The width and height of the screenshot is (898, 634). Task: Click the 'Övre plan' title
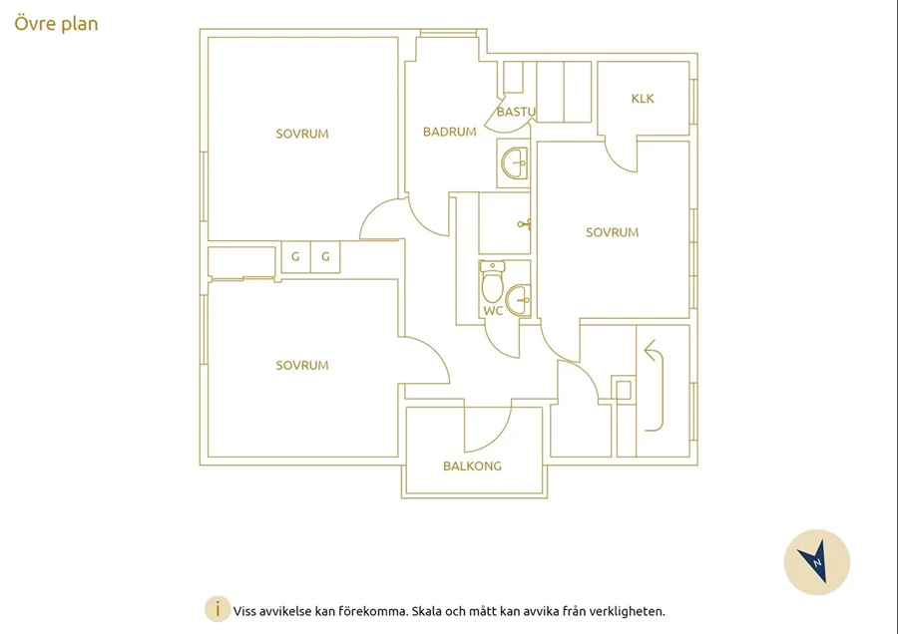pos(56,24)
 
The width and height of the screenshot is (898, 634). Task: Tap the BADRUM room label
pos(450,132)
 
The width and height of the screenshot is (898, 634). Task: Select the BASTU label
pos(516,112)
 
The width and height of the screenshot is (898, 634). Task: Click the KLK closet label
pos(643,99)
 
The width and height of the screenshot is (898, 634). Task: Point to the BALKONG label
pos(473,467)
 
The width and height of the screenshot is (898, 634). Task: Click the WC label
pos(493,311)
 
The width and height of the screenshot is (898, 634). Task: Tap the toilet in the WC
pos(492,281)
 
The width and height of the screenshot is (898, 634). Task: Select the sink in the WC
pos(518,300)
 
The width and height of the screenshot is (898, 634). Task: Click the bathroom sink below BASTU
pos(514,163)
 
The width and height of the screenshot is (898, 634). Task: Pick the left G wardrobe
pos(295,257)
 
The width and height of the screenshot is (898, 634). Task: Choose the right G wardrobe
pos(325,257)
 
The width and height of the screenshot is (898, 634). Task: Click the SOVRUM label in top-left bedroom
pos(302,134)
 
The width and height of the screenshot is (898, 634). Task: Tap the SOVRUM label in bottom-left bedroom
pos(302,366)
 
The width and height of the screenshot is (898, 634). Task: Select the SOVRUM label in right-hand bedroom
pos(613,232)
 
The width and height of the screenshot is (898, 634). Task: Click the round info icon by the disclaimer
pos(218,610)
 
